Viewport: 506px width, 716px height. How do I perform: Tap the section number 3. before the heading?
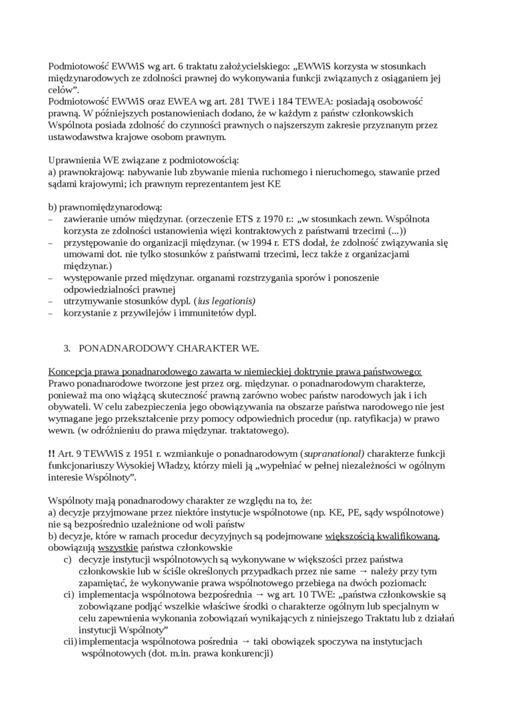click(x=67, y=348)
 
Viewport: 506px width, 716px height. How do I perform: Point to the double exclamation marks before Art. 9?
click(x=52, y=454)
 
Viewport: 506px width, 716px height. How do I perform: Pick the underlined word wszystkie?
click(x=117, y=547)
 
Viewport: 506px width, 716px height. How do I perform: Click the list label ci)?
click(x=69, y=595)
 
